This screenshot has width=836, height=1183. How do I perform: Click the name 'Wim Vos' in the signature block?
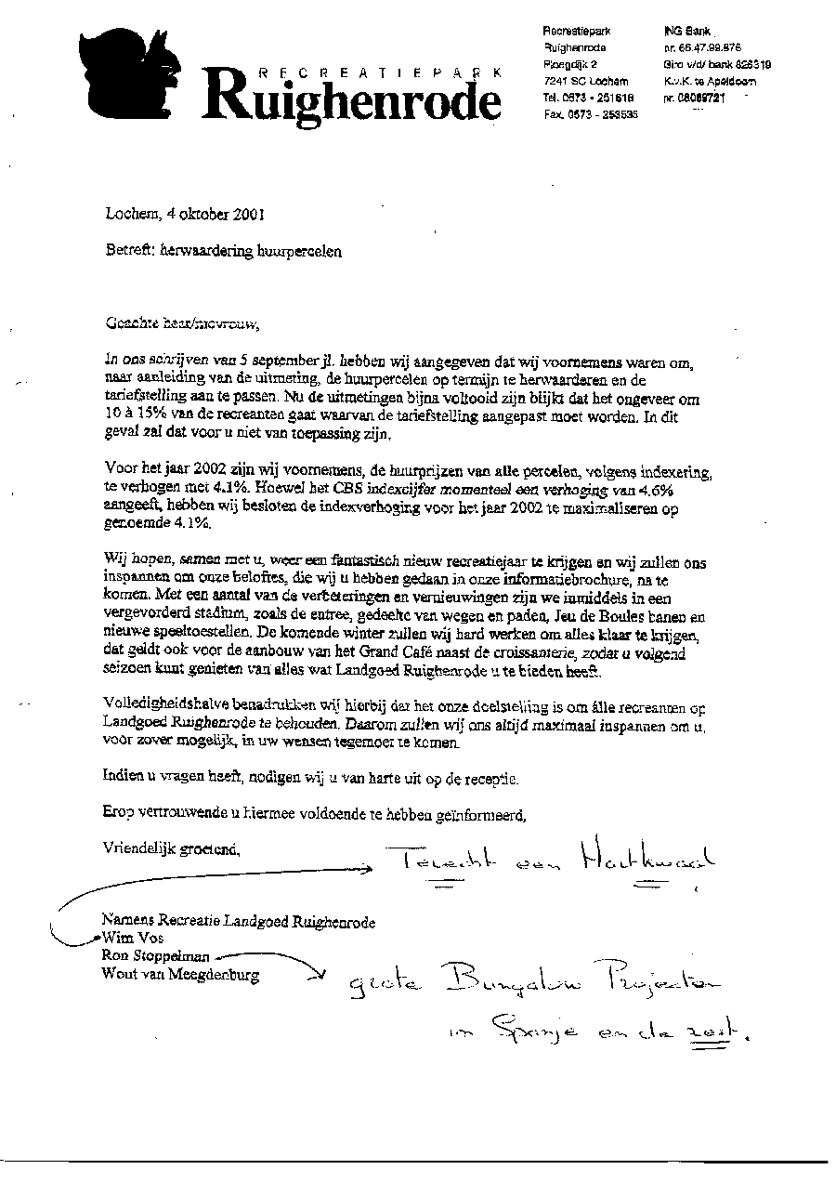click(134, 939)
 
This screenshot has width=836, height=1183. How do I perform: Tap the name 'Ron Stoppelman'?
click(156, 956)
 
